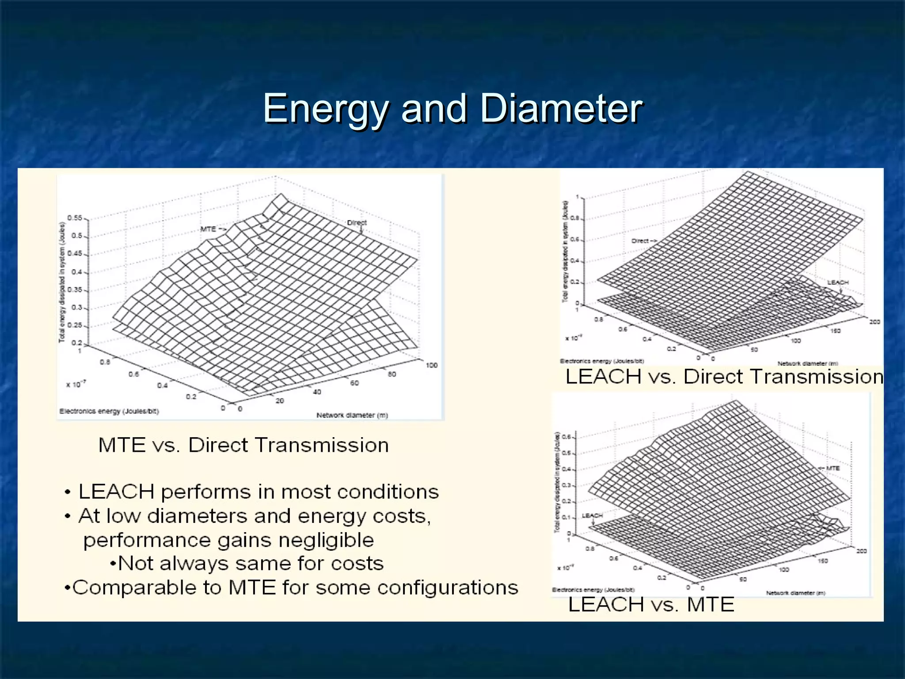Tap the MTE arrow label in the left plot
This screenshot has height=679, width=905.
tap(212, 229)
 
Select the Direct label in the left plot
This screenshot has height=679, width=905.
tap(357, 222)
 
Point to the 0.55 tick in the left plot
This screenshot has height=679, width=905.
tap(74, 218)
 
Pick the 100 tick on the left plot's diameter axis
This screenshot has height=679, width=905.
tap(431, 365)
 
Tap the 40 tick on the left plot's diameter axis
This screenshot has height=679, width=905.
tap(317, 392)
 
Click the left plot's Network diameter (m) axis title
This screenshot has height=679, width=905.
tap(352, 415)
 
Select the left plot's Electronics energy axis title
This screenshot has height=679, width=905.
tap(109, 411)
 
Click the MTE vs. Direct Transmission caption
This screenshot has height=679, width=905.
tap(243, 445)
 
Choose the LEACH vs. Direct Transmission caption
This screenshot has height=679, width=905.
tap(724, 377)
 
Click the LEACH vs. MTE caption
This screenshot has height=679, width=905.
tap(651, 604)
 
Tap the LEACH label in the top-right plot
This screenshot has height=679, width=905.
tap(838, 282)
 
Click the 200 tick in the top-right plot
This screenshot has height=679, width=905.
tap(875, 322)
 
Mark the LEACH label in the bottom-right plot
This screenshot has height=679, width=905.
tap(592, 515)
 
